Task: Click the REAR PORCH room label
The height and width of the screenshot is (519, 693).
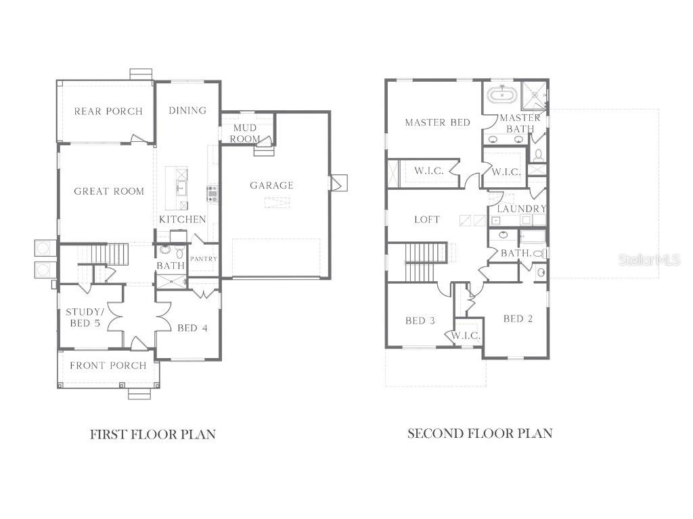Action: click(108, 112)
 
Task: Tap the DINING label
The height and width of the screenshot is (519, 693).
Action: click(187, 110)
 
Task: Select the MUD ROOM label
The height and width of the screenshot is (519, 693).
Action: click(244, 133)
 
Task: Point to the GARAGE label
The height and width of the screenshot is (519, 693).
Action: click(271, 185)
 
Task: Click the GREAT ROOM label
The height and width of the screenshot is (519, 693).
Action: click(109, 191)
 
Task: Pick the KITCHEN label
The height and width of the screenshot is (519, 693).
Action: click(183, 220)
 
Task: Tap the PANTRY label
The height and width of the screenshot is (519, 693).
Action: click(203, 259)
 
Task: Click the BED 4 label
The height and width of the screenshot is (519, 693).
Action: click(192, 328)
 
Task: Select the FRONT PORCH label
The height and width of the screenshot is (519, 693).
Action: click(108, 366)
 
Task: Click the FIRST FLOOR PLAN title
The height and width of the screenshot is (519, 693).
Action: click(153, 434)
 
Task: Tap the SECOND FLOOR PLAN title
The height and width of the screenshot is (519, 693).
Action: click(480, 433)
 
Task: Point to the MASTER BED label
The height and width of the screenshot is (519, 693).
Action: click(437, 122)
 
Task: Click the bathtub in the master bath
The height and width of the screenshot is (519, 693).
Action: click(501, 94)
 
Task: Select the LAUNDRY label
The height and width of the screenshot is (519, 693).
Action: click(521, 209)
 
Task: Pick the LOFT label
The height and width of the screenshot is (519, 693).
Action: click(427, 220)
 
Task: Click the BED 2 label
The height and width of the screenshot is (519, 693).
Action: click(518, 318)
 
